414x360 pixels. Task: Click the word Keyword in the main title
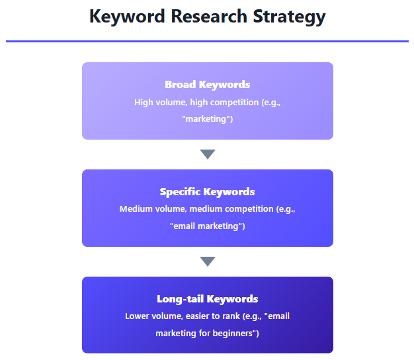click(x=127, y=17)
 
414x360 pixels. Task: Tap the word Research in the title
click(x=209, y=17)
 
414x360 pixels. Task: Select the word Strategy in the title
click(x=289, y=17)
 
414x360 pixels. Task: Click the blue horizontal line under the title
click(x=207, y=41)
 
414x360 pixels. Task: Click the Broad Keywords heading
click(x=208, y=85)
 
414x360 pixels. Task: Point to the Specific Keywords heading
click(x=207, y=192)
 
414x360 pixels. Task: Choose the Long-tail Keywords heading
click(x=207, y=299)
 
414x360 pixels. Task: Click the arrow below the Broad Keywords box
click(x=208, y=154)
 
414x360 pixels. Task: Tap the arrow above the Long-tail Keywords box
click(x=208, y=261)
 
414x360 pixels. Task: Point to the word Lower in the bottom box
click(x=137, y=316)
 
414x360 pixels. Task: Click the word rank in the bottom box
click(x=231, y=316)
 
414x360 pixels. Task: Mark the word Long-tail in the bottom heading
click(x=180, y=299)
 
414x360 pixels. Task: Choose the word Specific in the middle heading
click(x=180, y=192)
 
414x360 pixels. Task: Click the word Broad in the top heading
click(x=181, y=85)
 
